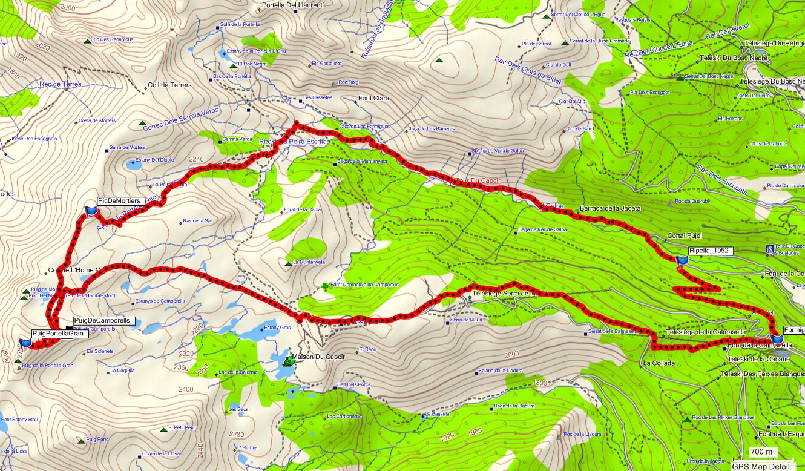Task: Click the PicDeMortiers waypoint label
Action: coord(119,200)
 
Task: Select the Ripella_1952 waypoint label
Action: coord(711,251)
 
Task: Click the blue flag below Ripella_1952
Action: coord(683,261)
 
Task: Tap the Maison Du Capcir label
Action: coord(318,357)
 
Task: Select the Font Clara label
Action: coord(373,98)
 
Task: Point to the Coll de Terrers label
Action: coord(169,85)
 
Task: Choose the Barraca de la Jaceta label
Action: coord(609,208)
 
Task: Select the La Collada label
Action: coord(659,363)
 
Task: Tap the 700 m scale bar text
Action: coord(761,452)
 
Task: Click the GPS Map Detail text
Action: coord(761,466)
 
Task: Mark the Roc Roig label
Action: coord(348,82)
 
